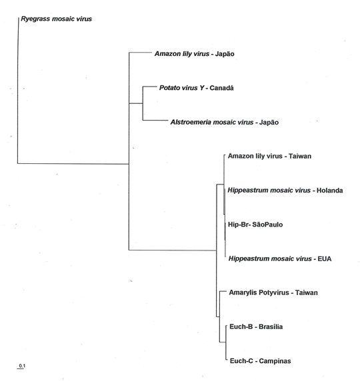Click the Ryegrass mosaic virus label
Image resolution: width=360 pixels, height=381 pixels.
[57, 19]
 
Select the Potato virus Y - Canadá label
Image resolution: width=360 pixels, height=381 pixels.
[196, 88]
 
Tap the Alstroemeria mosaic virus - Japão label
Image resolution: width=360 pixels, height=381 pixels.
[225, 122]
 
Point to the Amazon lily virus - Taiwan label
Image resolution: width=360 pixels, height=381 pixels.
[269, 156]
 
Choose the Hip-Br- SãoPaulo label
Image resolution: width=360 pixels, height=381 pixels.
[255, 224]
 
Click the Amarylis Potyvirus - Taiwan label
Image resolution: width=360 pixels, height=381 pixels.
[273, 292]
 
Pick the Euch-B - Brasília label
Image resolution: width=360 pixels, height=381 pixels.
[256, 326]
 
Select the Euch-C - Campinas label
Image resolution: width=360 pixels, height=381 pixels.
[260, 361]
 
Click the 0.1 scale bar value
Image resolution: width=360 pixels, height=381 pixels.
[22, 366]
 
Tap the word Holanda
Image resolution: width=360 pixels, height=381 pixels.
[329, 190]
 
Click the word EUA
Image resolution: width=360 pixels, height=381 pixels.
[325, 258]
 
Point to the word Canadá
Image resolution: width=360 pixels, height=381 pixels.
[221, 88]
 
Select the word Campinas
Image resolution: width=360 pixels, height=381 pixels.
[275, 361]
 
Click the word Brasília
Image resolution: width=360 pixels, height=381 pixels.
[271, 326]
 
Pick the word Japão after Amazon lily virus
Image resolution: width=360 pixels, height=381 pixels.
[225, 54]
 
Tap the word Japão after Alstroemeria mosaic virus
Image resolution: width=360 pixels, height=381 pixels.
[269, 122]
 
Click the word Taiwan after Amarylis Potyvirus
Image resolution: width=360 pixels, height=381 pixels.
[307, 292]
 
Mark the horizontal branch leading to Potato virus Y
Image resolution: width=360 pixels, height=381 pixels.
[150, 87]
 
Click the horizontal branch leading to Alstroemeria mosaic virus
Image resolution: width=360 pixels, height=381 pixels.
[155, 120]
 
